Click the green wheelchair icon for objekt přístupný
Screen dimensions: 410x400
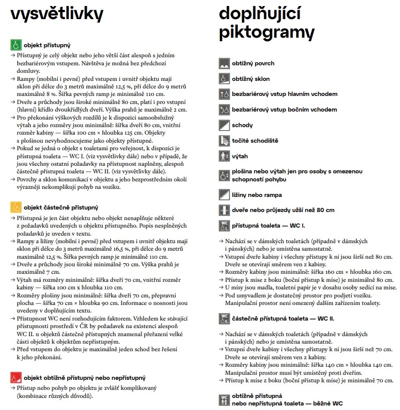(16, 45)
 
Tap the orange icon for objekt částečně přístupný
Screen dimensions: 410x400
(16, 207)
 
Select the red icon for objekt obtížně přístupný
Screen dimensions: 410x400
(16, 377)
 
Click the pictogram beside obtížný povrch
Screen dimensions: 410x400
(224, 64)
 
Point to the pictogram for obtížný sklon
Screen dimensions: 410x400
(224, 79)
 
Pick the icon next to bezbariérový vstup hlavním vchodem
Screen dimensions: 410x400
(224, 94)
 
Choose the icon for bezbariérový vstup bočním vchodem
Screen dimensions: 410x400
(224, 110)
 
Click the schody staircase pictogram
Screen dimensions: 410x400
(224, 125)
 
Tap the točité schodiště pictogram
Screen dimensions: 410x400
(224, 141)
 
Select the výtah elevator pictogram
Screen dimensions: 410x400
(224, 156)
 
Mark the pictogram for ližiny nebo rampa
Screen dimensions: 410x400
(224, 194)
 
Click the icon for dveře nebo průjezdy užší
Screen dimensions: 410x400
(224, 210)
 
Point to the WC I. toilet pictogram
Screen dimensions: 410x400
(224, 226)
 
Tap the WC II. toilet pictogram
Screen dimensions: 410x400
(224, 319)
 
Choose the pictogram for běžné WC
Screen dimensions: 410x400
(224, 399)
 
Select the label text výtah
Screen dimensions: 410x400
(240, 156)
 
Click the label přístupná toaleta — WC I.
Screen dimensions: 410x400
(269, 226)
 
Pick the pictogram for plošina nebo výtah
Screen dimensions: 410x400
(224, 175)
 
